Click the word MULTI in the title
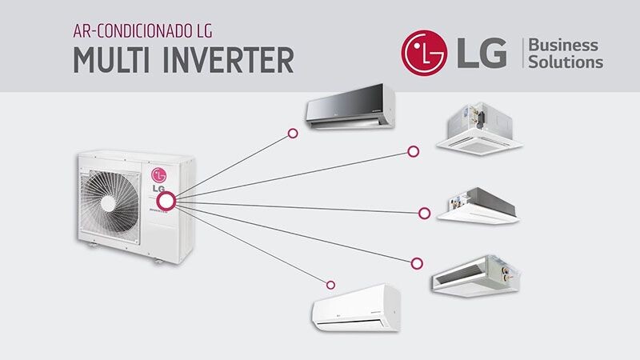[115, 59]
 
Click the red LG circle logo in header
[426, 54]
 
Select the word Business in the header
[565, 45]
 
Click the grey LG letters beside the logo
[482, 54]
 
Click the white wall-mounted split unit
[355, 309]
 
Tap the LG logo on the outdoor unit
[159, 174]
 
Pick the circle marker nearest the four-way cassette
[414, 150]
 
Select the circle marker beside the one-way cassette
[424, 213]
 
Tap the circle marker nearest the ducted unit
[417, 262]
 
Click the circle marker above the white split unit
[330, 283]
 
